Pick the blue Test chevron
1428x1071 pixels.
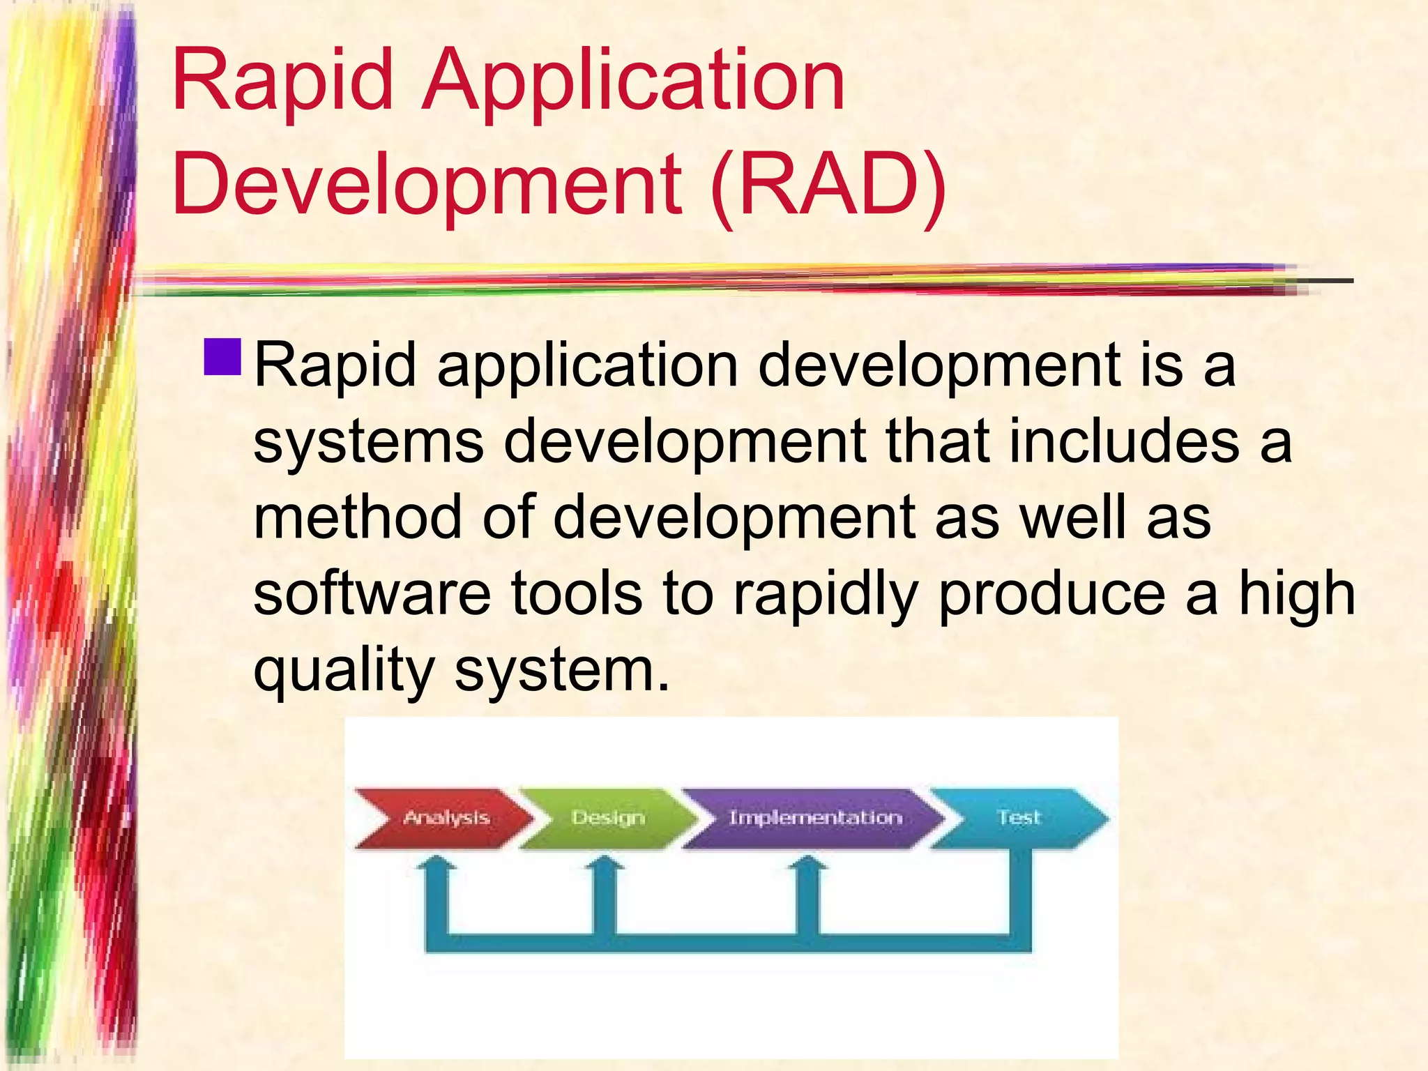tap(1018, 818)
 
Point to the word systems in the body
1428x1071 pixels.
tap(368, 442)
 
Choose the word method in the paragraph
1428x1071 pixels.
tap(357, 518)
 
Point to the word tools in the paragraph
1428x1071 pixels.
tap(577, 593)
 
